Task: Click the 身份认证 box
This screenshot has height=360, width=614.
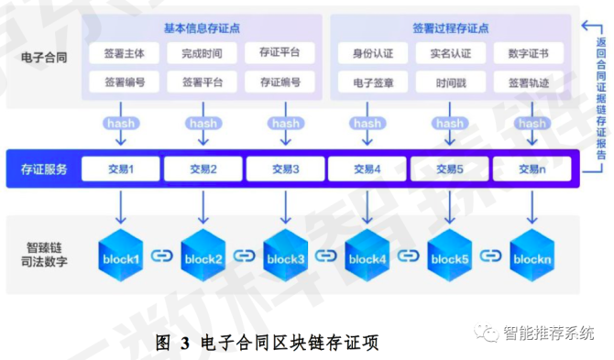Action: [x=367, y=53]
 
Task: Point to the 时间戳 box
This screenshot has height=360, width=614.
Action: [x=448, y=83]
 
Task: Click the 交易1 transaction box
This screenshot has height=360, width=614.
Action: [x=123, y=169]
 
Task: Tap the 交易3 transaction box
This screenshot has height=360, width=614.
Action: [x=285, y=169]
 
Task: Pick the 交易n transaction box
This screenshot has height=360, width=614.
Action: [x=532, y=169]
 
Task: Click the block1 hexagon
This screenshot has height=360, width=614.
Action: [x=121, y=259]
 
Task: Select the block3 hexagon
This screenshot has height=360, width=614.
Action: [x=285, y=259]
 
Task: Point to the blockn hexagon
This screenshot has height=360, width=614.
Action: [x=532, y=259]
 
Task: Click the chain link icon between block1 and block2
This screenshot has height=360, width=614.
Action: [x=161, y=257]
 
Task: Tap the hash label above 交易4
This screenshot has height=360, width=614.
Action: [x=367, y=123]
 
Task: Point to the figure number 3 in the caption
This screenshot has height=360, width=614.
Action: [x=184, y=343]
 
